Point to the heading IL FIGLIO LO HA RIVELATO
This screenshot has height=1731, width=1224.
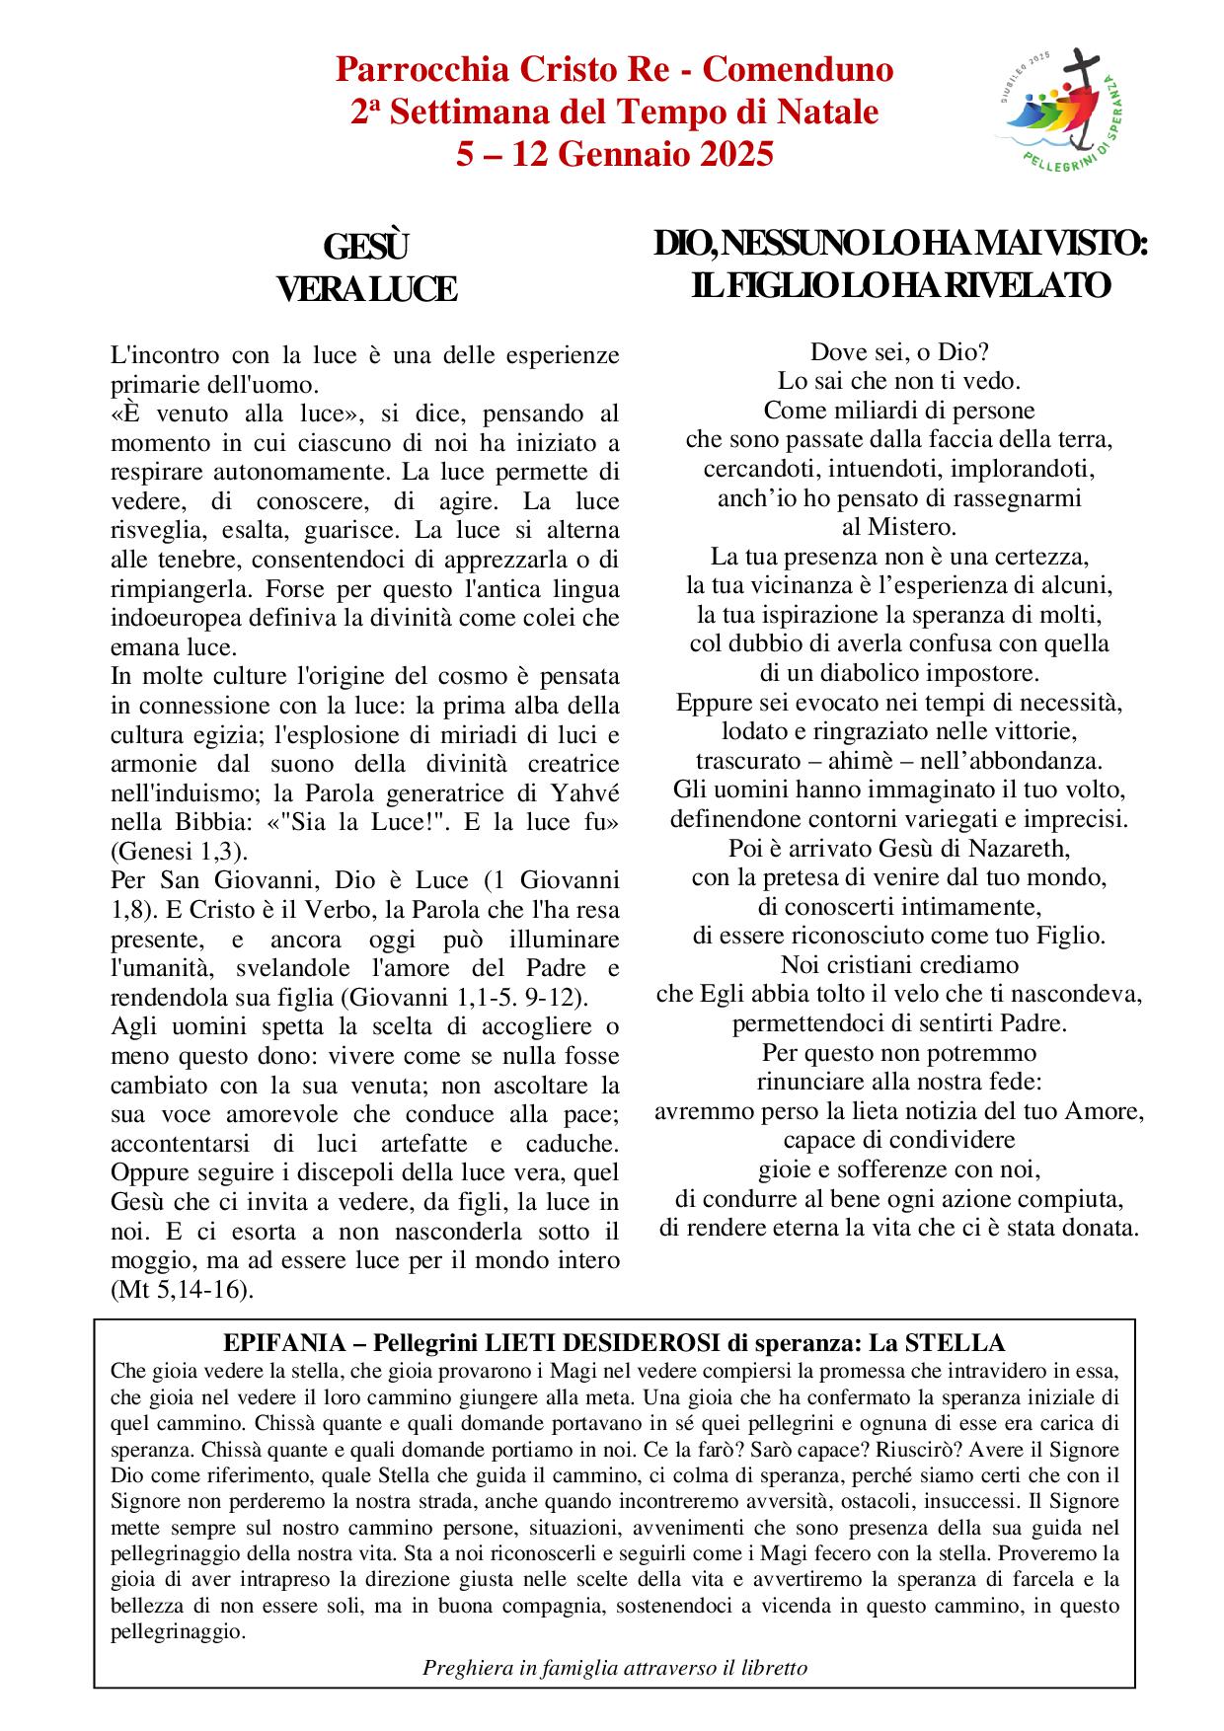click(900, 285)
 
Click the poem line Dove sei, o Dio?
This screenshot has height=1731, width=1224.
click(899, 351)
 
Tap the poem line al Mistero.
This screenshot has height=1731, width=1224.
click(899, 527)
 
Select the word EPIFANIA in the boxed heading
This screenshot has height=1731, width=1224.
click(280, 1342)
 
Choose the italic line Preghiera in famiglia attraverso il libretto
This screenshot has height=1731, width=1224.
click(615, 1668)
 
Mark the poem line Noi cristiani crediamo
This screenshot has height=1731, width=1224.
click(899, 964)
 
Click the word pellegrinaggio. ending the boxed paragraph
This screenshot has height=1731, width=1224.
click(178, 1631)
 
